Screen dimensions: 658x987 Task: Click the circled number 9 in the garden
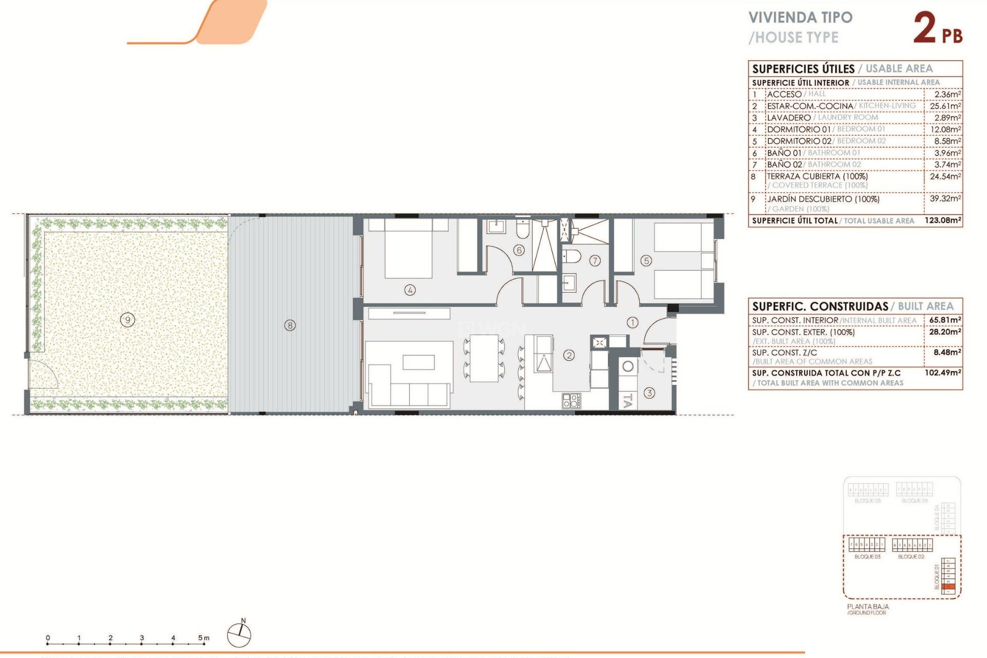coord(127,320)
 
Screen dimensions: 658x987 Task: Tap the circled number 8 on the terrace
coord(290,325)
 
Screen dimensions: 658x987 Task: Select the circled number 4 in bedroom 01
coord(410,290)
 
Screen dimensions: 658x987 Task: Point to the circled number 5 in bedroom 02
coord(646,261)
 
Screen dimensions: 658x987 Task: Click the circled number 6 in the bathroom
coord(519,250)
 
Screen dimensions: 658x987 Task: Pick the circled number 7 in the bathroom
coord(595,261)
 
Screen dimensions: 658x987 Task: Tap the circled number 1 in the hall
coord(632,322)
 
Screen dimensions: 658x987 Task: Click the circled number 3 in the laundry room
coord(649,393)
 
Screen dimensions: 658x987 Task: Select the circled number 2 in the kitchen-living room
coord(569,355)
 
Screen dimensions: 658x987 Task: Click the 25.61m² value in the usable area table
coord(945,106)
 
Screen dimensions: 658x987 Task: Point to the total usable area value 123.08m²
coord(943,221)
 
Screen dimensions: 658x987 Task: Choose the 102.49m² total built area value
coord(943,373)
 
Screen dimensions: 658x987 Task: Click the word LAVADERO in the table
coord(789,118)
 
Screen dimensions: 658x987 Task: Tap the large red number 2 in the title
coord(925,28)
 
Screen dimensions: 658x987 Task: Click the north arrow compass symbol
coord(240,635)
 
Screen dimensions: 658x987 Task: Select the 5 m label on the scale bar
coord(204,638)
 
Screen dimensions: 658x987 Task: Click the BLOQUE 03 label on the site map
coord(867,557)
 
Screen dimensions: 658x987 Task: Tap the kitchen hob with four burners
coord(571,400)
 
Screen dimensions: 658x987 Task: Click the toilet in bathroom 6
coord(523,229)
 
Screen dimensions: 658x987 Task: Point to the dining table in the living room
coord(484,358)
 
